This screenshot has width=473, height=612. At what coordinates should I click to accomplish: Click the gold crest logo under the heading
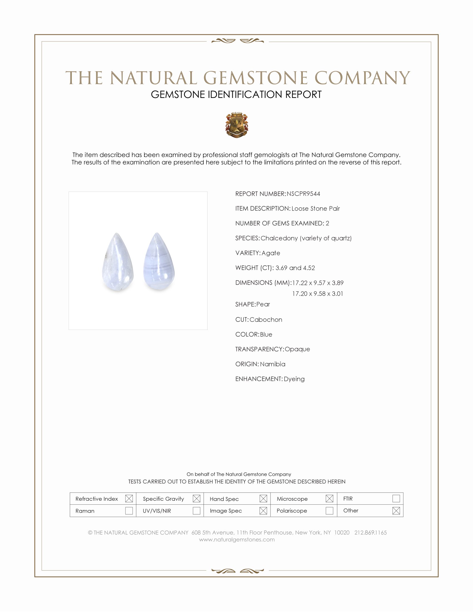[237, 125]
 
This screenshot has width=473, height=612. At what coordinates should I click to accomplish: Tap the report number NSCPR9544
[303, 194]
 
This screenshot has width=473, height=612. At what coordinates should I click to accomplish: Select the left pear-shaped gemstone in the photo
[117, 262]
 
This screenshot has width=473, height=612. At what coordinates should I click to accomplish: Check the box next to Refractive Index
[129, 499]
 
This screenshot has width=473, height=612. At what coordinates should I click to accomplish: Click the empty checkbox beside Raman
[129, 510]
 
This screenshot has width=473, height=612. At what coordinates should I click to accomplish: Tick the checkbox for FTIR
[396, 499]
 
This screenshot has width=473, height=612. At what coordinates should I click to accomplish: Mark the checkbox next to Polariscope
[329, 510]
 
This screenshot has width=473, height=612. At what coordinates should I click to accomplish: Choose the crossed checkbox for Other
[396, 510]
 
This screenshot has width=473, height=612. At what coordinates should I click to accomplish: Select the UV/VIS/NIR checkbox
[196, 510]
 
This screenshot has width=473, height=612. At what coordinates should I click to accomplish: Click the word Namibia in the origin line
[272, 364]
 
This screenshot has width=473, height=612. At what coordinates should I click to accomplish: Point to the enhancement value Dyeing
[294, 379]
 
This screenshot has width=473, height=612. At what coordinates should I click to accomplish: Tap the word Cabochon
[266, 320]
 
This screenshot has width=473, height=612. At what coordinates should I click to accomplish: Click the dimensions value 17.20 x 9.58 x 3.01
[317, 294]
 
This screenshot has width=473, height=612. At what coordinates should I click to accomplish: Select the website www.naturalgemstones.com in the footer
[237, 539]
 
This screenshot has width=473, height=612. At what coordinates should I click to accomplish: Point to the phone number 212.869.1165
[370, 532]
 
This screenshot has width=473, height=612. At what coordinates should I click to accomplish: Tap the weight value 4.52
[309, 268]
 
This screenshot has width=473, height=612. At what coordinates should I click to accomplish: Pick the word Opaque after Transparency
[297, 349]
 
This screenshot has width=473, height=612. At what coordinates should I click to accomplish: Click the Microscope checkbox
[329, 499]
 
